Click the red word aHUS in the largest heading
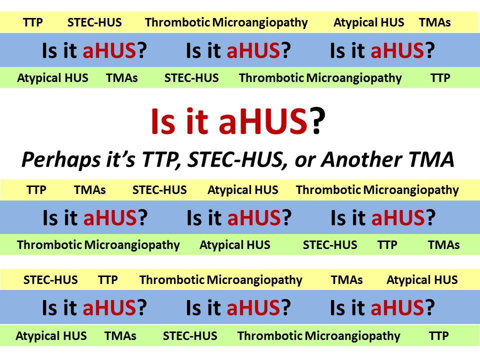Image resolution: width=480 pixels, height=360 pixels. point(262,122)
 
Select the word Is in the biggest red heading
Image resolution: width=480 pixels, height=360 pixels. point(162,122)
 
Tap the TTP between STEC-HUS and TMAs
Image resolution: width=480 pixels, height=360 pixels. point(387,245)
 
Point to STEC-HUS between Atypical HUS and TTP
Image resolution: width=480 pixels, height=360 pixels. point(330,245)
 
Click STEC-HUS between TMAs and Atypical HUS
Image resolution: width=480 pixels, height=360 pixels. point(159,190)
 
